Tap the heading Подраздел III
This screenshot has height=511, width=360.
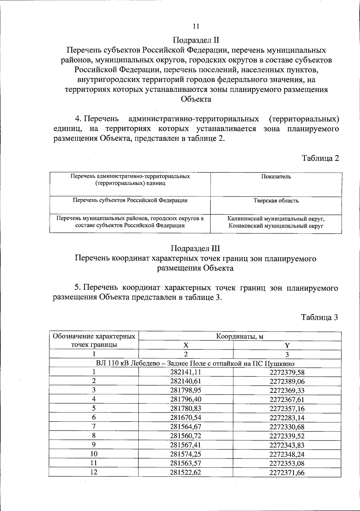pos(195,249)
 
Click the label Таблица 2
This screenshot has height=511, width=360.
pos(320,158)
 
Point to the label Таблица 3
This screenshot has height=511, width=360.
pos(320,317)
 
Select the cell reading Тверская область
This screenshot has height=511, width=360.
pos(276,201)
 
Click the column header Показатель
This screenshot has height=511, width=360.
pos(276,177)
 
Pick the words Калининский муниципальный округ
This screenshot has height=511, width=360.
pos(276,219)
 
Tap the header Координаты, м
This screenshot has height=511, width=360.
pos(240,336)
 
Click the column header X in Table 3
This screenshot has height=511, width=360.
pos(186,345)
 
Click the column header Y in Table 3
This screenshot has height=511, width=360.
pos(287,346)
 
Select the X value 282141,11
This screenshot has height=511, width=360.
pos(186,372)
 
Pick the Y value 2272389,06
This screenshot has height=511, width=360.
pos(287,382)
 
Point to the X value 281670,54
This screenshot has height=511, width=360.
pos(186,418)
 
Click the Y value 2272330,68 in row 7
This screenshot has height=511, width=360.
pos(287,427)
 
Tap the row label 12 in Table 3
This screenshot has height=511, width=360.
pos(94,472)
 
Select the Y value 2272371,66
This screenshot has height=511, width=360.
pos(287,473)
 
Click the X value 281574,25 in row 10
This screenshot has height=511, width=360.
pos(186,454)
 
